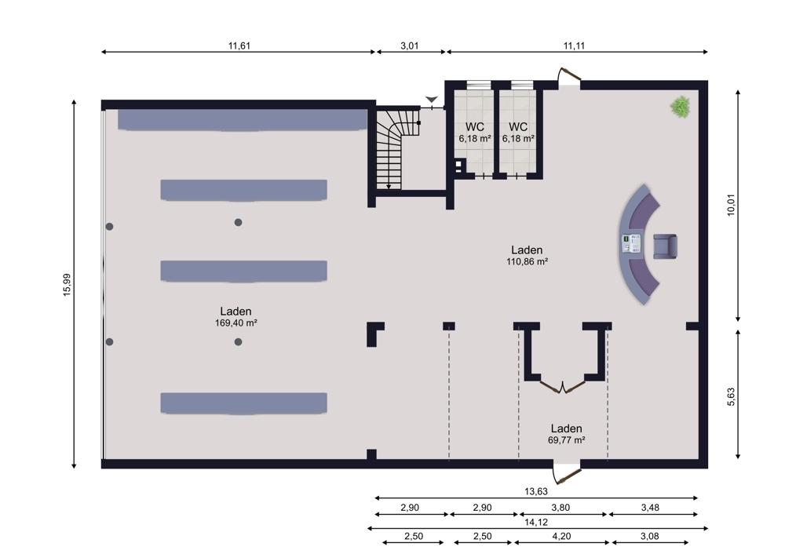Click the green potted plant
(x=681, y=107)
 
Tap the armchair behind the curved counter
(x=666, y=246)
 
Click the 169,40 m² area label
(x=235, y=323)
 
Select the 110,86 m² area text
(x=528, y=262)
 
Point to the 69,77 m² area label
(x=566, y=440)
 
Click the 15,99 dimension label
(x=67, y=285)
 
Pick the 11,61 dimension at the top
(x=239, y=46)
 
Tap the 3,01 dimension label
(x=410, y=46)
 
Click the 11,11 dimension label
(x=575, y=46)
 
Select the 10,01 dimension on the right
(x=732, y=205)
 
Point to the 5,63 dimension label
(x=732, y=396)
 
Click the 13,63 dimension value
(x=536, y=491)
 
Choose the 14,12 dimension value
(x=536, y=522)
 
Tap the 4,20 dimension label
(x=561, y=536)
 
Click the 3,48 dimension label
(x=650, y=508)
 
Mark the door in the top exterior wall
(x=569, y=76)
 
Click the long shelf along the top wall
(x=243, y=121)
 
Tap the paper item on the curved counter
(x=632, y=244)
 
